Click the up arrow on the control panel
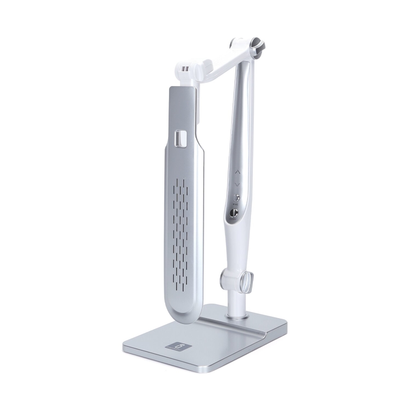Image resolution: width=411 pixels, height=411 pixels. pyautogui.click(x=238, y=172)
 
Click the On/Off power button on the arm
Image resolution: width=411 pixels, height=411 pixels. pyautogui.click(x=233, y=214)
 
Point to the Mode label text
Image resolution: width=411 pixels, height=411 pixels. pyautogui.click(x=235, y=205)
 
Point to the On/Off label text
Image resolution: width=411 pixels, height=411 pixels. pyautogui.click(x=232, y=221)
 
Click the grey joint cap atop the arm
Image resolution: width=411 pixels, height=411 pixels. pyautogui.click(x=259, y=45)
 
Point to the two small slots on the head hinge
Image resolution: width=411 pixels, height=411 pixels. pyautogui.click(x=184, y=70)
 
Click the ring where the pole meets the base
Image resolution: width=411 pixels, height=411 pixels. pyautogui.click(x=237, y=314)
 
